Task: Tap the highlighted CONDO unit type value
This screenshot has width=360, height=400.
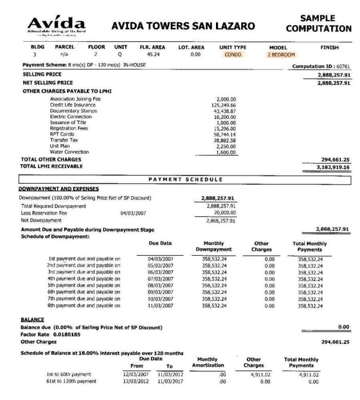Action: click(x=233, y=54)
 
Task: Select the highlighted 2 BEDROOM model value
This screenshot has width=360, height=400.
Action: click(x=282, y=54)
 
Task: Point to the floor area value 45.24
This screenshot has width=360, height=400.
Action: click(x=153, y=54)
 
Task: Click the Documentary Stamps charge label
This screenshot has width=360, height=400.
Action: click(x=73, y=111)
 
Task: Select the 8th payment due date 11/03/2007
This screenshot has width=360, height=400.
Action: click(x=158, y=305)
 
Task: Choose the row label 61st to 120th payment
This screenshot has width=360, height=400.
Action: click(x=73, y=381)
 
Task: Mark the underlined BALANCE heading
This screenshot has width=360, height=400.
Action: click(x=31, y=320)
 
